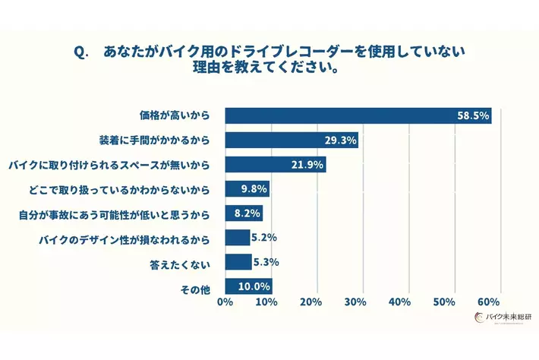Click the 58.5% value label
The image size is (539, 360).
[473, 116]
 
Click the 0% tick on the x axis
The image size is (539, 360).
[225, 302]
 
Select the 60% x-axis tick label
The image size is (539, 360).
[490, 302]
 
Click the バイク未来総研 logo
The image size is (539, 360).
[500, 318]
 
